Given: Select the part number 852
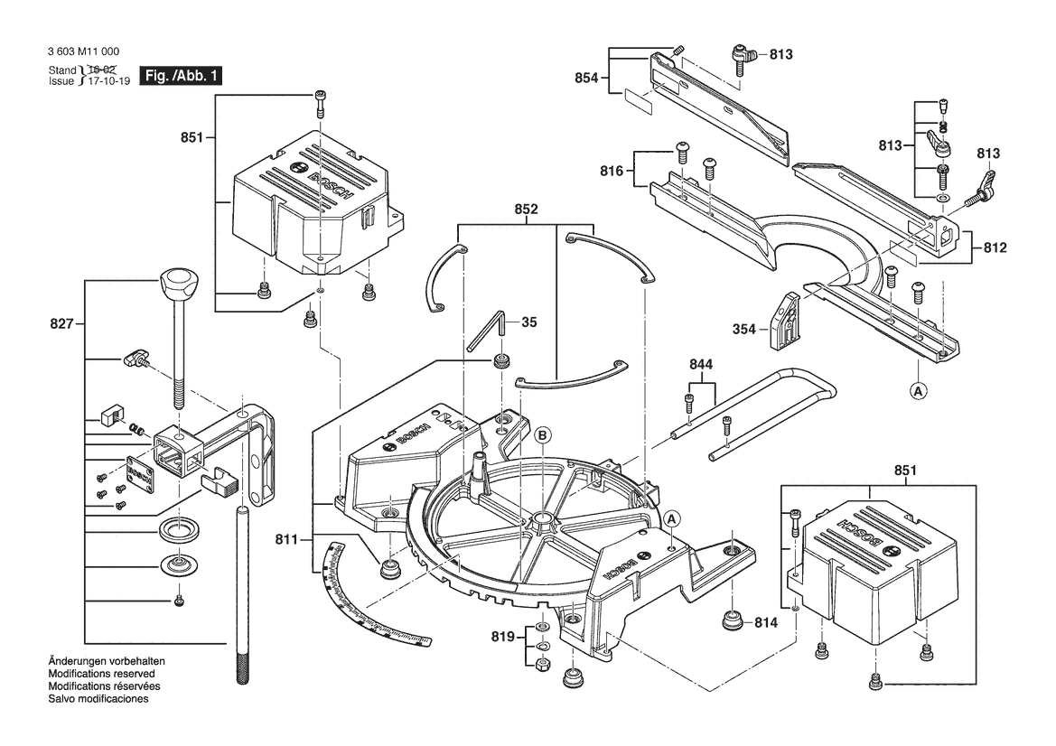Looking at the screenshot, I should [x=527, y=210].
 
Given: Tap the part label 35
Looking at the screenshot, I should [x=529, y=322].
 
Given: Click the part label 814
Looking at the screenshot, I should [x=766, y=622].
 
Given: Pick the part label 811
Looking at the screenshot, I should [x=288, y=540].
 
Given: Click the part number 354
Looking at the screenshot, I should [x=744, y=330].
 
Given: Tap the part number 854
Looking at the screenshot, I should [x=587, y=78].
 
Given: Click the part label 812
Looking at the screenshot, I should [x=995, y=247].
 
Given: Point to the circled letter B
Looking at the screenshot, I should [x=542, y=435].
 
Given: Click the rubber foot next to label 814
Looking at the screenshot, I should [x=731, y=623].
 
